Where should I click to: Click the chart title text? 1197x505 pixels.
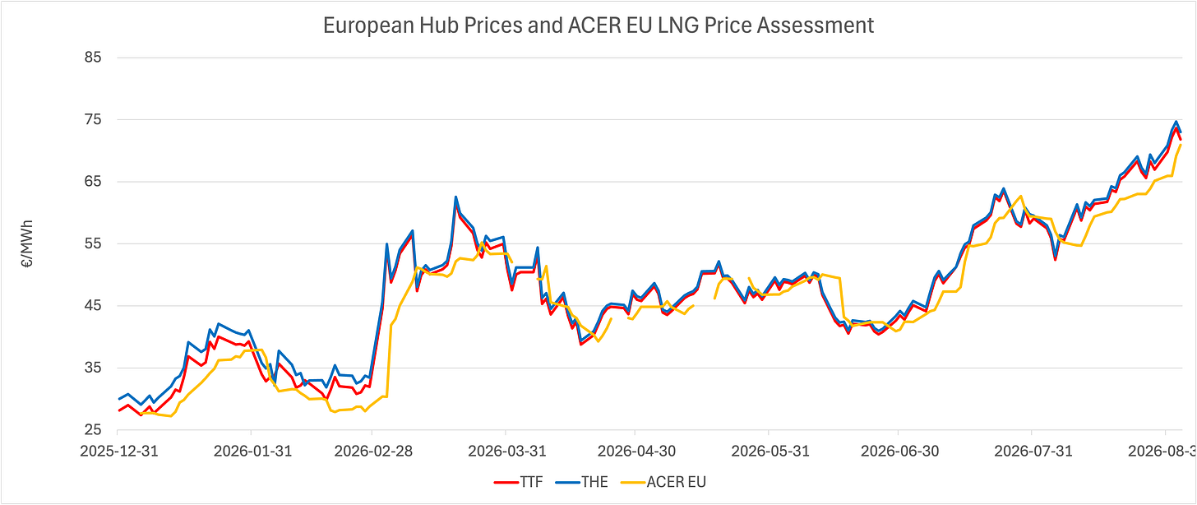598,25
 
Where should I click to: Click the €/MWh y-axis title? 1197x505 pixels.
27,243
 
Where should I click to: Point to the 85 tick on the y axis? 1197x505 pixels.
93,58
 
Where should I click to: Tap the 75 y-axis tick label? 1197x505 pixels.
93,119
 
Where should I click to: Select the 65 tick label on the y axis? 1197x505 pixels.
93,181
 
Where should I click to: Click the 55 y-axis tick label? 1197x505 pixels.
93,243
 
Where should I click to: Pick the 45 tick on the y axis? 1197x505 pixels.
93,306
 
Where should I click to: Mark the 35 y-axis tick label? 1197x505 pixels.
93,368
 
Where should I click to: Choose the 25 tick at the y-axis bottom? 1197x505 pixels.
93,429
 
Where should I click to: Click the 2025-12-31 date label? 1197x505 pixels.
119,452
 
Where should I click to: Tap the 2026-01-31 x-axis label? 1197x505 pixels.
252,452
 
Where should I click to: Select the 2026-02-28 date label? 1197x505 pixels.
373,452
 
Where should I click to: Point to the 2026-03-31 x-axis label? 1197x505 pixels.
507,452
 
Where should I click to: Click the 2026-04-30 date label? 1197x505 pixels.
636,452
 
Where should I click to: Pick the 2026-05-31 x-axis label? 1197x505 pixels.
770,452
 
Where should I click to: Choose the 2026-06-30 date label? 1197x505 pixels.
900,452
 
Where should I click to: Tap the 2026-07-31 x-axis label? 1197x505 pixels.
1033,452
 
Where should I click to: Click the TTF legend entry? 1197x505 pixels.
518,482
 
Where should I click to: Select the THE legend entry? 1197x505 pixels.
582,482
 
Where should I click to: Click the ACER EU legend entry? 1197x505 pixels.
663,482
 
